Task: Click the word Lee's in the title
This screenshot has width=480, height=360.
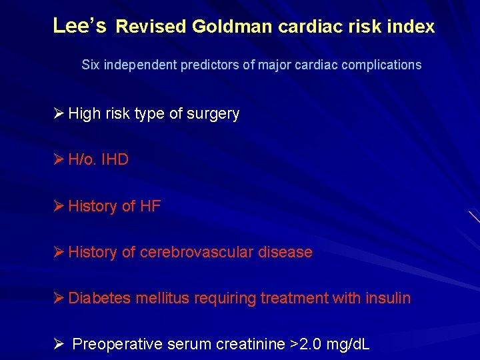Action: (x=79, y=26)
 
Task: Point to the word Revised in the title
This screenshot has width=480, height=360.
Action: (x=151, y=27)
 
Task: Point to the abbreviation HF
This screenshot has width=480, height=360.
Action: (x=150, y=206)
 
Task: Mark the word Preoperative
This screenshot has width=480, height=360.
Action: (x=117, y=344)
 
